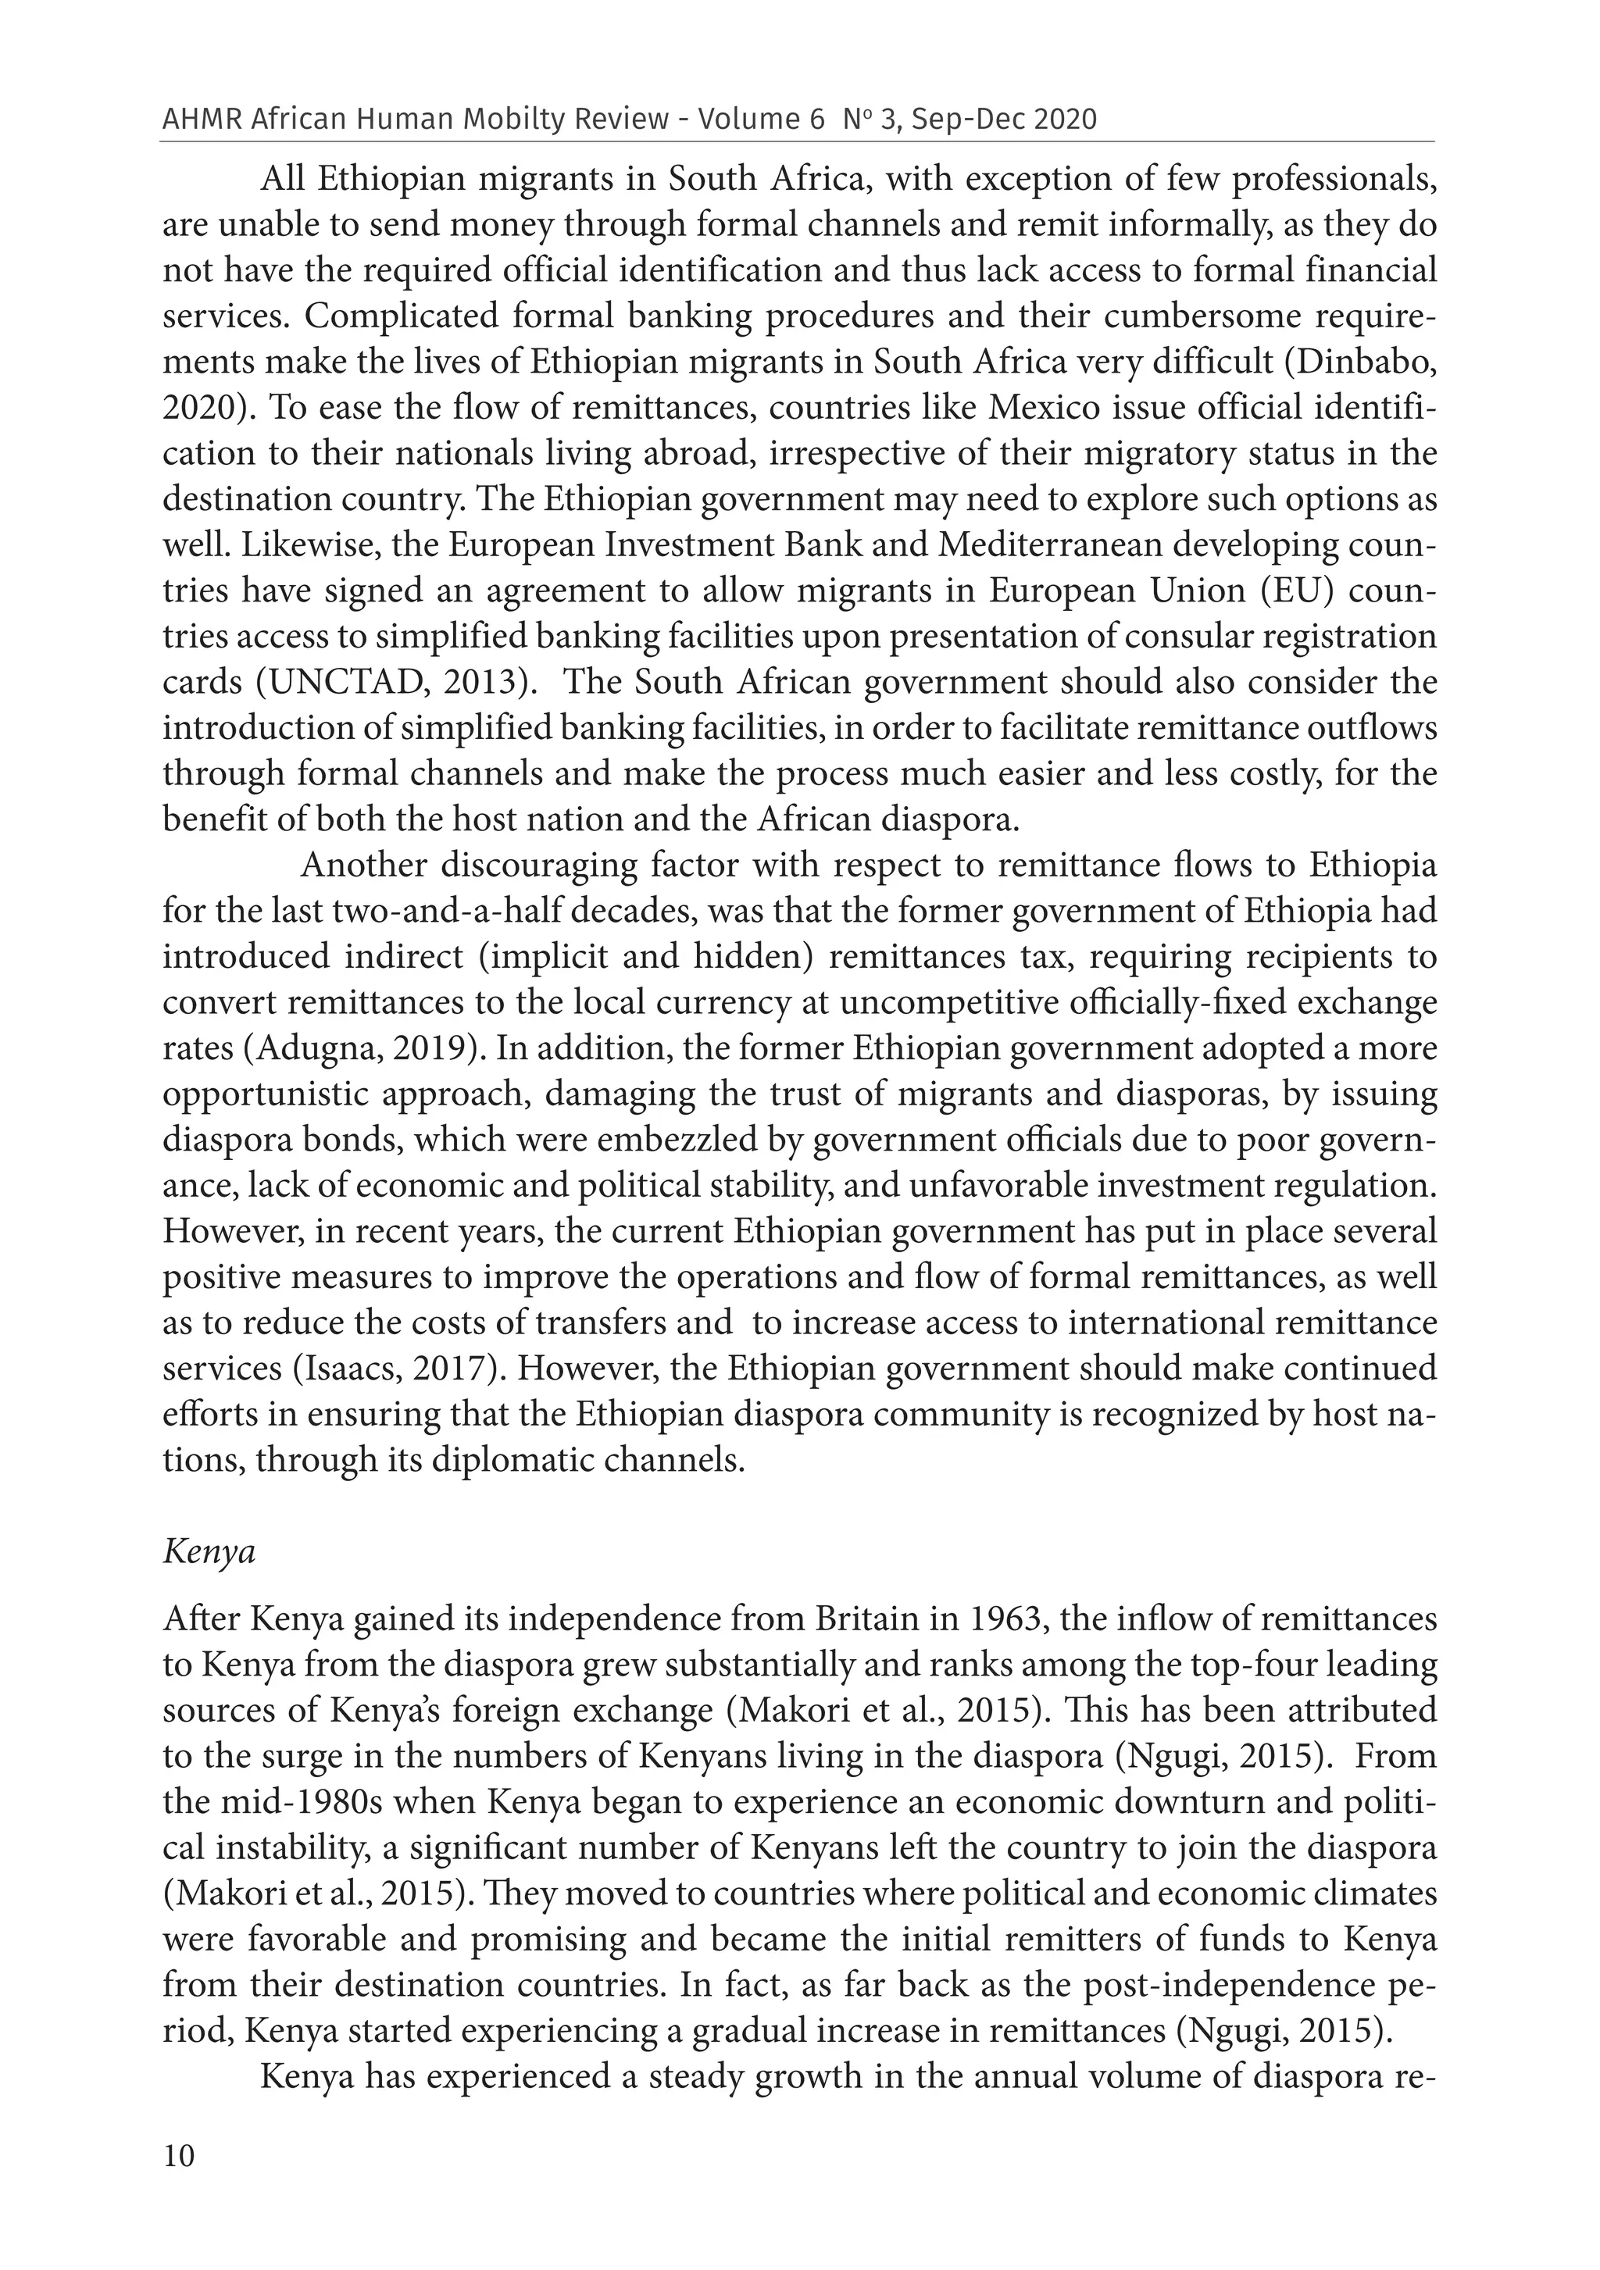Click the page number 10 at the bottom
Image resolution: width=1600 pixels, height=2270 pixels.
coord(179,2183)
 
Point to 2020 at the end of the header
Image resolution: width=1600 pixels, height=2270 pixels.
coord(1067,120)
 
